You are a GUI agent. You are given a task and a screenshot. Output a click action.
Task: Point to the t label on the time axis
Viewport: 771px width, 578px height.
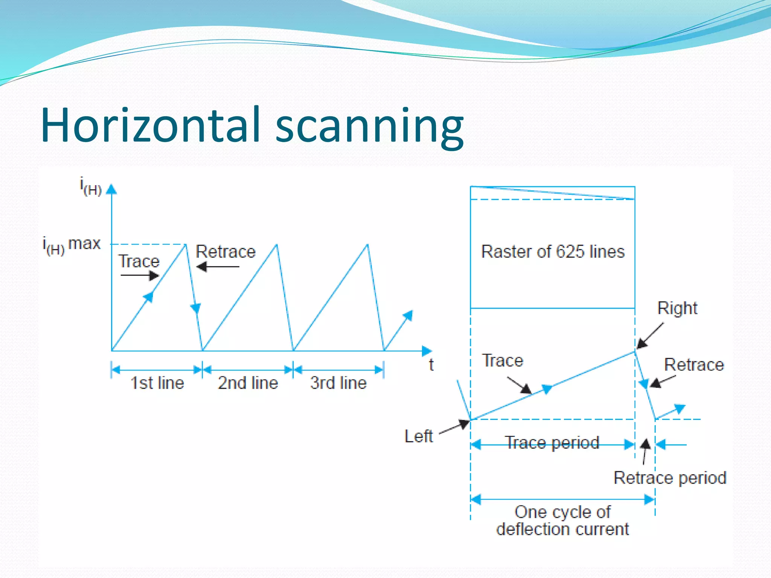tap(431, 365)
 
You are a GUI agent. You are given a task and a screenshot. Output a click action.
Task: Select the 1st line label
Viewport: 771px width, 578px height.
tap(157, 383)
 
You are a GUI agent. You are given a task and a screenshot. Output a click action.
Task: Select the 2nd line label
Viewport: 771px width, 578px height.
tap(248, 383)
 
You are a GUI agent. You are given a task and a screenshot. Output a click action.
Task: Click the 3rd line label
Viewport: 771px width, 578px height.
tap(338, 383)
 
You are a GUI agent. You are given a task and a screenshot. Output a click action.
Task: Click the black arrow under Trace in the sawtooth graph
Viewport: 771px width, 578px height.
tap(140, 275)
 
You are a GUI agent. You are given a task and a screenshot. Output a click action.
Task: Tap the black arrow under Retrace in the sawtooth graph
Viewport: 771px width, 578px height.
tap(218, 267)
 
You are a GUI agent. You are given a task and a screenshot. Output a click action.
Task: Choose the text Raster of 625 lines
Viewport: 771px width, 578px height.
tap(553, 251)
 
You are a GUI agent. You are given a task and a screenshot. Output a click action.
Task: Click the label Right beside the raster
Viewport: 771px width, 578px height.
tap(677, 308)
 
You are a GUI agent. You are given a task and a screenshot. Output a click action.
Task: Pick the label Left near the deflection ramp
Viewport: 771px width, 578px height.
tap(418, 437)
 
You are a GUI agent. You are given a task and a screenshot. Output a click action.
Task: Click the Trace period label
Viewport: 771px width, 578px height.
tap(552, 443)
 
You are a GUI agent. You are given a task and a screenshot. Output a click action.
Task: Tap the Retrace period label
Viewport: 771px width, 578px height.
tap(670, 478)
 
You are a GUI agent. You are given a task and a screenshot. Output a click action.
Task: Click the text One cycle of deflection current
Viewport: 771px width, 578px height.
tap(562, 521)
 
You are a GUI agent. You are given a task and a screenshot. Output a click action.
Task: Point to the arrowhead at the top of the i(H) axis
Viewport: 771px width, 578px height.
tap(111, 189)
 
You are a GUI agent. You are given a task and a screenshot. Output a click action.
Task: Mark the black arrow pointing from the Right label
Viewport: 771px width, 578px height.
tap(649, 336)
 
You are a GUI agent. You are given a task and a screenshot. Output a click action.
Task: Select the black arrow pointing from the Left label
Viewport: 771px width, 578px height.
tap(455, 427)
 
